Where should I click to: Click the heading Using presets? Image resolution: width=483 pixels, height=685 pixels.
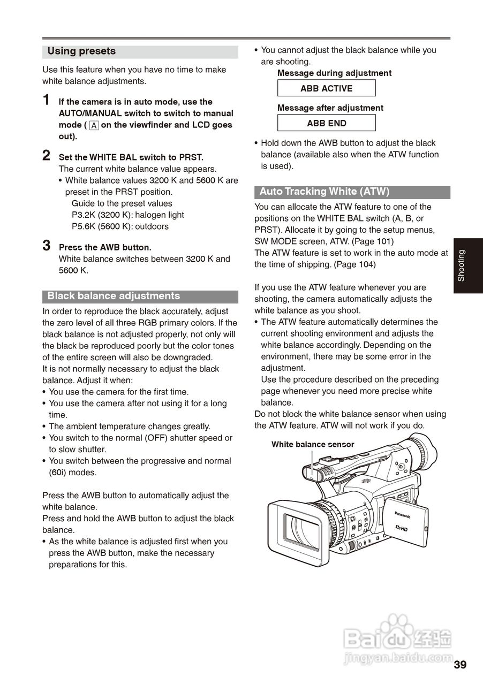[x=81, y=51]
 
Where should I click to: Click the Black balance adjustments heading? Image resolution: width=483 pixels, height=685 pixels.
[x=114, y=296]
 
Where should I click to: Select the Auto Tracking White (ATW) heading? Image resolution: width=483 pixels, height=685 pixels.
[x=324, y=192]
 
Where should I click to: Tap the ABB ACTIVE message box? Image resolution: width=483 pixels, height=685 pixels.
[x=326, y=88]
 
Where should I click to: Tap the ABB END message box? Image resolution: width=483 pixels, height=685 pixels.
[x=326, y=123]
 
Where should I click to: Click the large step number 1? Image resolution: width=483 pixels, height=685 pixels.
[x=47, y=100]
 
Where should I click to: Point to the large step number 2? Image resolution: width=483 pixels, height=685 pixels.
[x=47, y=156]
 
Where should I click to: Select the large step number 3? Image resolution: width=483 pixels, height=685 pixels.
[x=47, y=246]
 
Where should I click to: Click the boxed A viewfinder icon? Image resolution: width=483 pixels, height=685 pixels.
[x=94, y=126]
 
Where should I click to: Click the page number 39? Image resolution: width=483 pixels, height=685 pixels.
[x=460, y=665]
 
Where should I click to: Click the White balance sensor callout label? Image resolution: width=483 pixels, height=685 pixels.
[x=313, y=444]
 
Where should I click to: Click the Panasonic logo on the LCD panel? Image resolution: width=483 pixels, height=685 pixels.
[x=403, y=515]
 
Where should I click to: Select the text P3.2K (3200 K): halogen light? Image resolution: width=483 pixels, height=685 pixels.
[x=127, y=215]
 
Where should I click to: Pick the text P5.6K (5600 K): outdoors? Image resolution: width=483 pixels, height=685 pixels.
[x=120, y=226]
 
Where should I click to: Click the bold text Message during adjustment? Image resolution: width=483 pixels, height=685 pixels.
[x=334, y=73]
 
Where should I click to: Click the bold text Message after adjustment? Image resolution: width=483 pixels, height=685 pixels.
[x=330, y=108]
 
